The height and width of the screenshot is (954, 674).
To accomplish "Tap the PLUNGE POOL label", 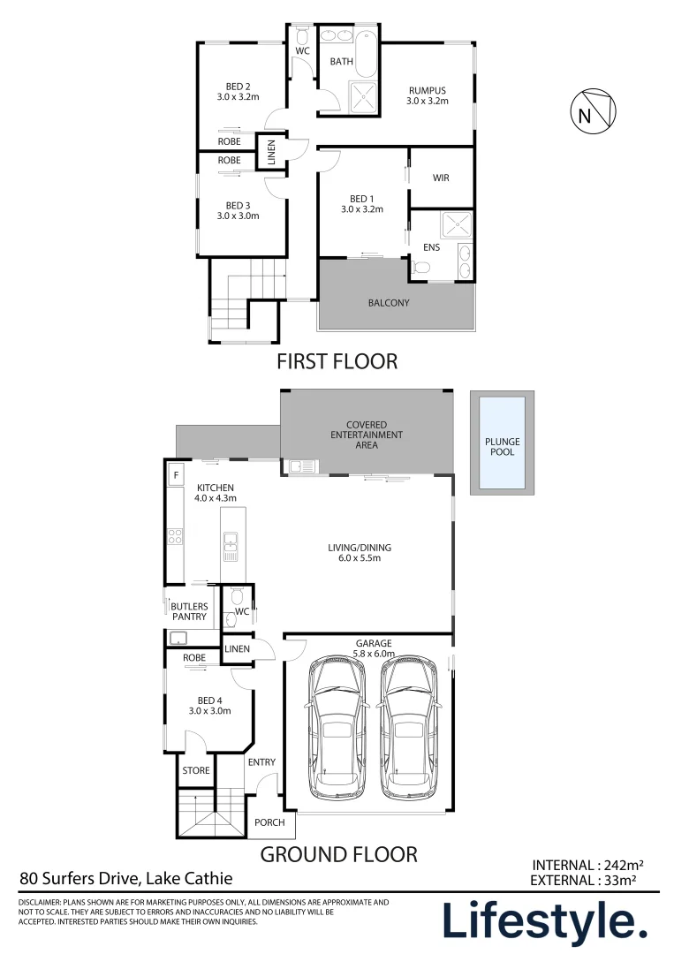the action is (503, 447).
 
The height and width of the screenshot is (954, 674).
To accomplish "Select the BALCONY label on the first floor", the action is (389, 302).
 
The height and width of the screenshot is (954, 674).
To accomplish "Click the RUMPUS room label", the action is (427, 95).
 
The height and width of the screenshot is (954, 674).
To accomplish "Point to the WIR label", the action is (441, 178).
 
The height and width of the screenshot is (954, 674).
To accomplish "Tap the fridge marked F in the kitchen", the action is (176, 474).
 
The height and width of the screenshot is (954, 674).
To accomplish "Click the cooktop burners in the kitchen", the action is (175, 536).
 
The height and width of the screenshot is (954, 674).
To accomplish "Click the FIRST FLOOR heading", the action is (337, 361).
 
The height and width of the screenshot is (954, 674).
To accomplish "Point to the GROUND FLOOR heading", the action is (339, 854).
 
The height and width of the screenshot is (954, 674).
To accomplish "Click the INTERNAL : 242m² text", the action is (587, 865).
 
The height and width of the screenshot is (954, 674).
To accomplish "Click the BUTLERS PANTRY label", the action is (189, 611).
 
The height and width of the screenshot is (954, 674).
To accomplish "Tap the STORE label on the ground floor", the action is (196, 770).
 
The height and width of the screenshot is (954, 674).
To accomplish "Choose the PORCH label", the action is (269, 822).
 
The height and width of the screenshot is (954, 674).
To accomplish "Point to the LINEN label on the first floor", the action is (271, 152).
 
